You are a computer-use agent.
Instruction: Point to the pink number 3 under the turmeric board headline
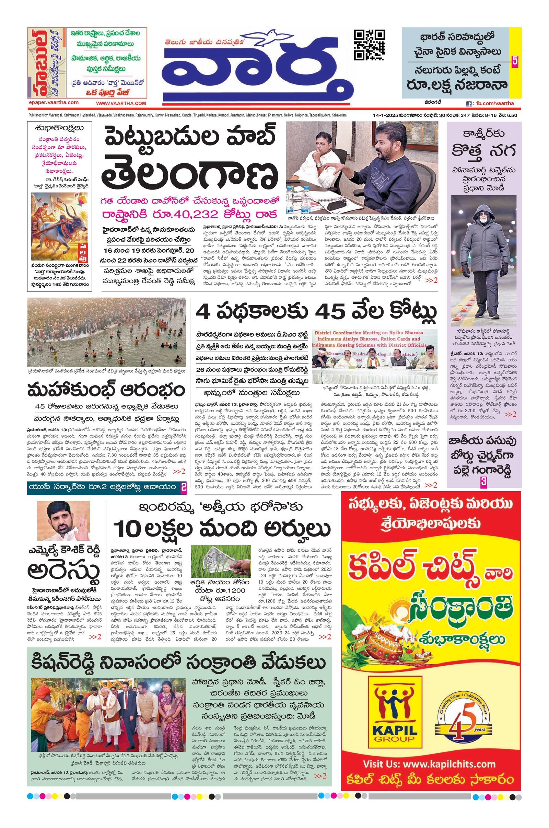(x=483, y=482)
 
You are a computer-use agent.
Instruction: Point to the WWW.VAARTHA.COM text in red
(x=121, y=103)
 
